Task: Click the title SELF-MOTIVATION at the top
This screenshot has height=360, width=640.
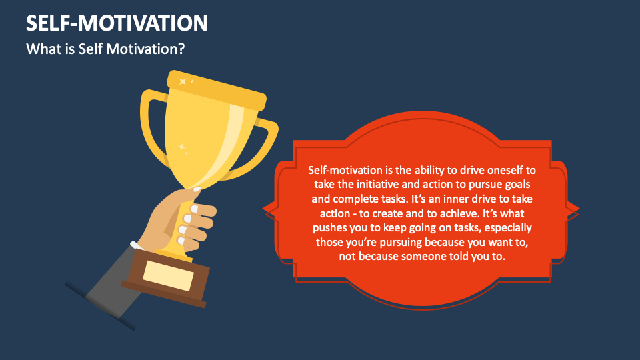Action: pyautogui.click(x=117, y=23)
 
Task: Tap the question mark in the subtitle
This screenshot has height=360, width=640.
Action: pyautogui.click(x=181, y=49)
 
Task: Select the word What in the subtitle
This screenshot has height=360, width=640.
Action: pyautogui.click(x=42, y=49)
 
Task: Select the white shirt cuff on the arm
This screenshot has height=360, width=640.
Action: pyautogui.click(x=136, y=248)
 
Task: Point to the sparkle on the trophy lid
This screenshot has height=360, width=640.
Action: pyautogui.click(x=181, y=81)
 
